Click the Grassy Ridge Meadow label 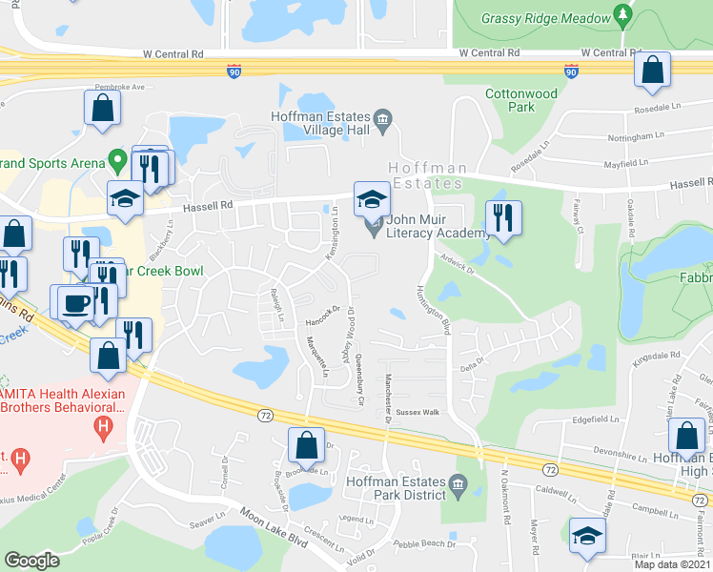tap(546, 18)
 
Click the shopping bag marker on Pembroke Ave tap(102, 108)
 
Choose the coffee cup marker tap(76, 302)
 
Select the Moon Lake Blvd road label tap(273, 526)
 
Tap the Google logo tap(31, 561)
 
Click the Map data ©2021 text tap(672, 564)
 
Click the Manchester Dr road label tap(389, 394)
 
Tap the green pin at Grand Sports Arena tap(117, 159)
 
